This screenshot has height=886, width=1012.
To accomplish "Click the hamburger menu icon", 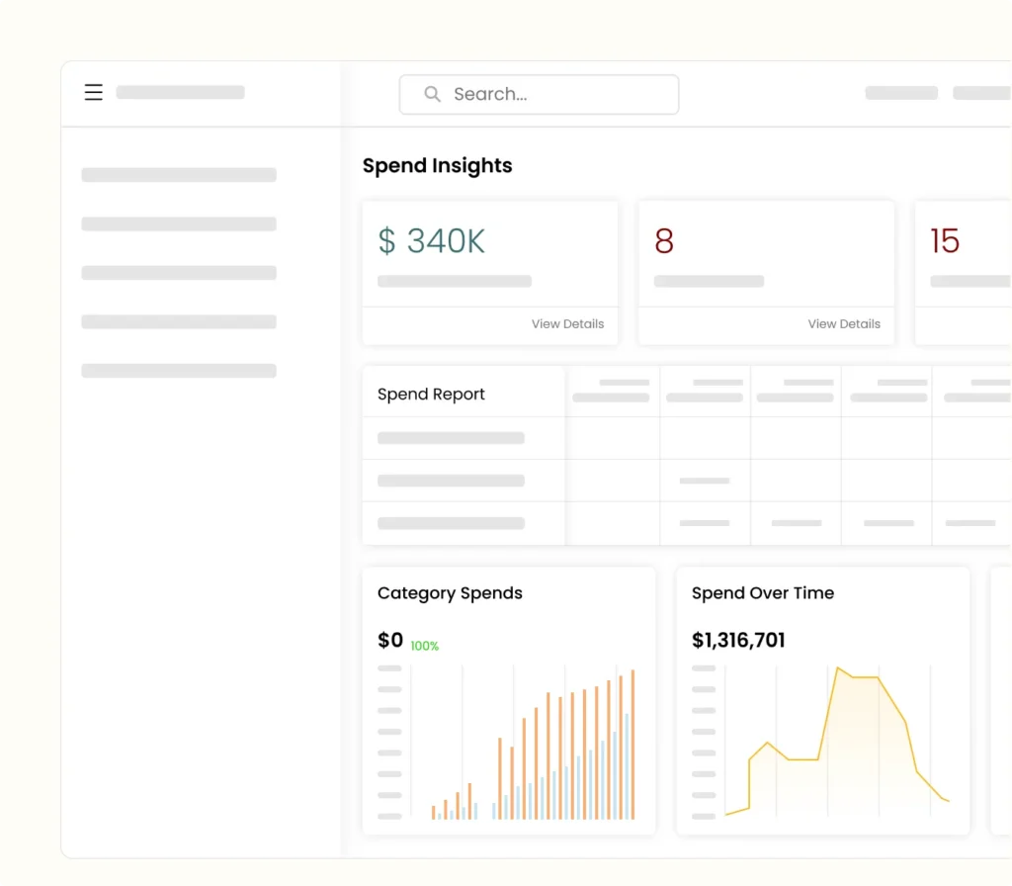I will click(94, 93).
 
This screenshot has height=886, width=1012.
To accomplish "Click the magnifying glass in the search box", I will click(432, 94).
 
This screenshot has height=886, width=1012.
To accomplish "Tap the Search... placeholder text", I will click(490, 94).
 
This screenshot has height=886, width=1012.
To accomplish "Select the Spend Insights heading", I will click(437, 166).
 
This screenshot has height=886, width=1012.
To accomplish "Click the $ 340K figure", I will click(431, 241).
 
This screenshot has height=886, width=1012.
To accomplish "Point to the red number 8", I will click(664, 241).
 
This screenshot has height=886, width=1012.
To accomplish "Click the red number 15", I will click(945, 241).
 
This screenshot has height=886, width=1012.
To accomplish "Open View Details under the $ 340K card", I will click(567, 323).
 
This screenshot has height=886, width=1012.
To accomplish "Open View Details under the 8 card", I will click(844, 323).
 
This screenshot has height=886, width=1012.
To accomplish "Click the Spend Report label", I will click(431, 394).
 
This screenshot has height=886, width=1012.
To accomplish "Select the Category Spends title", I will click(450, 593).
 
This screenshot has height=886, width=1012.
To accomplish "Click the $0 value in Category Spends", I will click(390, 641).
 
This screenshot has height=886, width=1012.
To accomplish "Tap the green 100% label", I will click(425, 646).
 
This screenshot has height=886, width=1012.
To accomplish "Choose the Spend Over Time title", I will click(763, 593).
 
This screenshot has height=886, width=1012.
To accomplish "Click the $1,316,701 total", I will click(738, 641).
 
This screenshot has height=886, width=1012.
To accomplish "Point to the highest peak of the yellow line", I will click(838, 668).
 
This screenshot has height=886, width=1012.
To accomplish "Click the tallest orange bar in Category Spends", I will click(632, 742).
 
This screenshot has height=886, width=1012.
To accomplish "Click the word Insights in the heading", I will click(473, 166).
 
